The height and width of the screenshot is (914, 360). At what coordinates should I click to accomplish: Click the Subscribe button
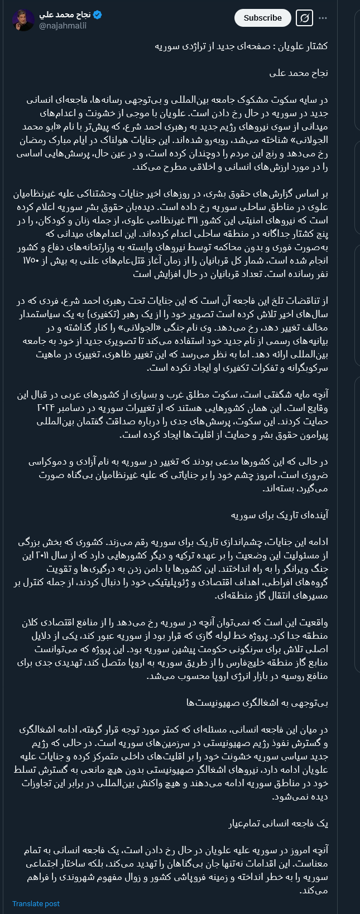(262, 18)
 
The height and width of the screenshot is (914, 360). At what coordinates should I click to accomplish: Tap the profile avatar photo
(23, 20)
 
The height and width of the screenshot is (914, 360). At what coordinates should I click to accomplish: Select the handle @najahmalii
(63, 26)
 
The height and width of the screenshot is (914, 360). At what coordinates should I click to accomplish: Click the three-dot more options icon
(323, 18)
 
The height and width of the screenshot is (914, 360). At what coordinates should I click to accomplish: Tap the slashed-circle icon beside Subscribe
(304, 18)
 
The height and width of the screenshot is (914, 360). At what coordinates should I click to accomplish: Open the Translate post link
(36, 903)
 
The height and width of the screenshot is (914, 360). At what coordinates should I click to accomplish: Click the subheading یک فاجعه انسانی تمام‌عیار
(278, 824)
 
